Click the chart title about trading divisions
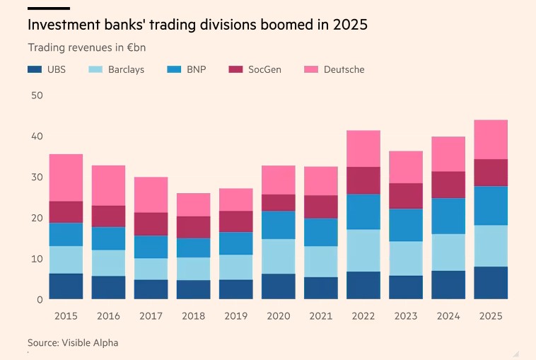click(197, 25)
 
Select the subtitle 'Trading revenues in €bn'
click(86, 47)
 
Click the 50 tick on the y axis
click(35, 95)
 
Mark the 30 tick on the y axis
click(35, 177)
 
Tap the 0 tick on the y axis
click(39, 299)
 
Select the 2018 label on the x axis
click(193, 316)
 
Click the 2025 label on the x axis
click(490, 316)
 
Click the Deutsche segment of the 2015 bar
click(66, 178)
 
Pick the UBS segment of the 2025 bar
click(490, 283)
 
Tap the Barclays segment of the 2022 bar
click(363, 250)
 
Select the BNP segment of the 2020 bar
click(278, 225)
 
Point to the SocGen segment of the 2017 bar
click(151, 223)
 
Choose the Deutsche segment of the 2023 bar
click(405, 167)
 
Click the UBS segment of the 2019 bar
click(235, 289)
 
